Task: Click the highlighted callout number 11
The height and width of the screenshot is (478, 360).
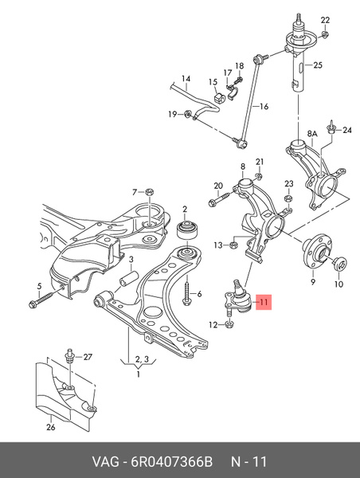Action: (264, 302)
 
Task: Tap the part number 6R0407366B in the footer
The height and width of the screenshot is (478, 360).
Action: (171, 461)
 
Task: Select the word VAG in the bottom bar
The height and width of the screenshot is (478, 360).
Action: (106, 461)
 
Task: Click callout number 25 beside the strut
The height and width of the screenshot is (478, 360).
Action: (317, 65)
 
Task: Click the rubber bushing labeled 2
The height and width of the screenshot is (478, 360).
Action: (188, 230)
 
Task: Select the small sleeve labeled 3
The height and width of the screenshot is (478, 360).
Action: (128, 280)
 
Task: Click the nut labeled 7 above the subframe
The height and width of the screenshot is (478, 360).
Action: (150, 192)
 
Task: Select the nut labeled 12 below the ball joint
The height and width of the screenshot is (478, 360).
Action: (229, 324)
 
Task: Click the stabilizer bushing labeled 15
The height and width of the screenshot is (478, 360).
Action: (220, 97)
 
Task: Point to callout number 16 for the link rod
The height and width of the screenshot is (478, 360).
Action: (264, 107)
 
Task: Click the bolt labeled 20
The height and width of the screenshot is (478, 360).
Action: (221, 198)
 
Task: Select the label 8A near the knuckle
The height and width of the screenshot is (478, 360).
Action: (312, 133)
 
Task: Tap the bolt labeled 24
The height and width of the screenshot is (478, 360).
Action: (331, 127)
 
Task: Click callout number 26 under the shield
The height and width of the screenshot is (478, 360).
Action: (51, 427)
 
